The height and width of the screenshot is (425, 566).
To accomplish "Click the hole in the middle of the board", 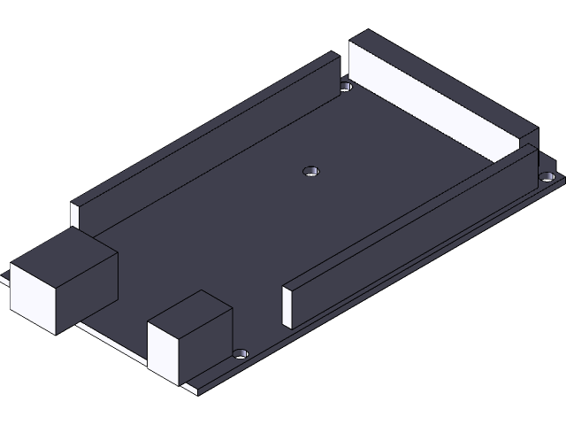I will (311, 170).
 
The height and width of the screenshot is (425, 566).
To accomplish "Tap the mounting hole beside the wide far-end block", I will (346, 87).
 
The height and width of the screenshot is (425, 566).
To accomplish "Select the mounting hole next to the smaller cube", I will (241, 353).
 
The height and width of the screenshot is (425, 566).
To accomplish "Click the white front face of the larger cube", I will (32, 297).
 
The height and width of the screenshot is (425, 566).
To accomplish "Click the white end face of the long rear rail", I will (75, 213).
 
